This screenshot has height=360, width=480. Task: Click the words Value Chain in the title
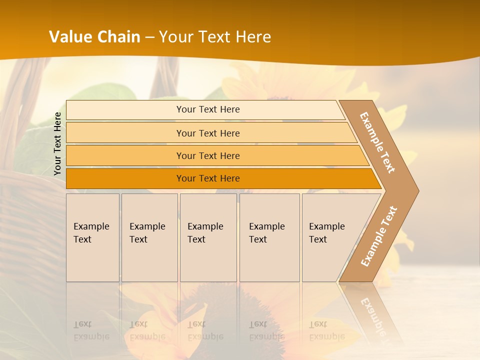(x=94, y=36)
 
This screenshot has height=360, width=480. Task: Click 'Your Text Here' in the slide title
(x=215, y=36)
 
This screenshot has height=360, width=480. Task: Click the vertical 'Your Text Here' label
(x=57, y=144)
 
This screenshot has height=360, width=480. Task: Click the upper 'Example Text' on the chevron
(x=377, y=142)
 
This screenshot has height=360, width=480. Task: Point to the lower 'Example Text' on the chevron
(x=379, y=236)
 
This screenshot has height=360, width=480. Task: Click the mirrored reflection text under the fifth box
(x=326, y=330)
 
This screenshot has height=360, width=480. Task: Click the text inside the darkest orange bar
(x=208, y=178)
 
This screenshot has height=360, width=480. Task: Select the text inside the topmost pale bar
(x=208, y=109)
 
